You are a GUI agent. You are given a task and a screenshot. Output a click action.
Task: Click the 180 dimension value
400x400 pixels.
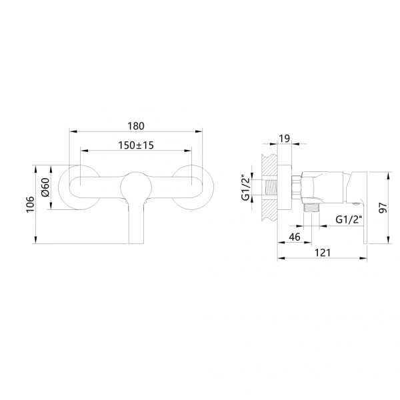(135, 125)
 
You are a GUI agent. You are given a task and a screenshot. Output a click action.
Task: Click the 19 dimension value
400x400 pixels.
(283, 139)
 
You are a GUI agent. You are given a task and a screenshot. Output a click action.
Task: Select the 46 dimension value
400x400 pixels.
(293, 237)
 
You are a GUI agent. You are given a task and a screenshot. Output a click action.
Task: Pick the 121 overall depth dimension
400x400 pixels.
(322, 254)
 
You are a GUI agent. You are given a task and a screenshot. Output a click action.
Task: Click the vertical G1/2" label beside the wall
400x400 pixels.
(245, 187)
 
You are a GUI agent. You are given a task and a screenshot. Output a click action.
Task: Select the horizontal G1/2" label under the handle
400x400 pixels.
(347, 219)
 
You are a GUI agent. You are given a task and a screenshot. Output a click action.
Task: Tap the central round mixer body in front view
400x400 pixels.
(135, 186)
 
